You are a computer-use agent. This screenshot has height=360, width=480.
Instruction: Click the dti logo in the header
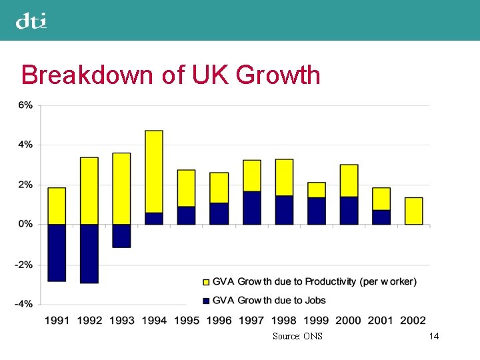click(x=31, y=21)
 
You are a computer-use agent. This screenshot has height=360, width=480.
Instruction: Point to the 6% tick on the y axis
click(x=25, y=105)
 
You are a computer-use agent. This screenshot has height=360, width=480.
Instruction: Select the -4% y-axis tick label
click(x=23, y=304)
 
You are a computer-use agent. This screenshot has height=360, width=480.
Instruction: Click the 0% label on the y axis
click(x=25, y=225)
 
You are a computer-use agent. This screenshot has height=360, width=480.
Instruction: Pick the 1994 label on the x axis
click(x=154, y=321)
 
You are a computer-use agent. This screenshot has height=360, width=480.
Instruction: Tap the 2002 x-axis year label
click(x=413, y=321)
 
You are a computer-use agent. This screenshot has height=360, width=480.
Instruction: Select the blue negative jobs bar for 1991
click(x=57, y=253)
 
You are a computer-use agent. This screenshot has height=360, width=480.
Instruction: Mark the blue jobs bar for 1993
click(x=121, y=236)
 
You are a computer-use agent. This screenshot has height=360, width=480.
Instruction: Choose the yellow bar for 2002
click(x=413, y=211)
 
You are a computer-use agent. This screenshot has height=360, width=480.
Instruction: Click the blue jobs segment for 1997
click(x=251, y=208)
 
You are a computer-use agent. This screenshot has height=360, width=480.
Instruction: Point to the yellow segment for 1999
click(x=316, y=190)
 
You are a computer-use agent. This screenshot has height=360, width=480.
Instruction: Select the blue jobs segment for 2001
click(x=381, y=217)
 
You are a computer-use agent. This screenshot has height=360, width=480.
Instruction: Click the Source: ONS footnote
click(x=297, y=336)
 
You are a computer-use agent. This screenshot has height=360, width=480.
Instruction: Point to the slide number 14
click(x=434, y=336)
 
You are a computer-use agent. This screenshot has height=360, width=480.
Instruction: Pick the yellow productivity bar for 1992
click(x=89, y=191)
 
